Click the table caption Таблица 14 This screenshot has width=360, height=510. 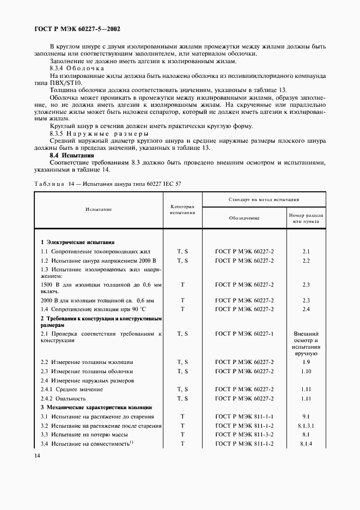click(x=108, y=184)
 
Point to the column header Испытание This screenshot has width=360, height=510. click(x=98, y=209)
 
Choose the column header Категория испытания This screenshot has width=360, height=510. click(x=182, y=209)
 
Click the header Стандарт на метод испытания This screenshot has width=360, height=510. click(x=264, y=200)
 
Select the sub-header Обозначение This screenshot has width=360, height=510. click(x=244, y=217)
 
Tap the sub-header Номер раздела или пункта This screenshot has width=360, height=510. click(x=306, y=217)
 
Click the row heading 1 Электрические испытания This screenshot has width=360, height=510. click(x=77, y=242)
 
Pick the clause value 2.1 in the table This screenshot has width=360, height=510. click(x=306, y=252)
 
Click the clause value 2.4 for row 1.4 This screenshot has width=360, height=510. click(x=306, y=309)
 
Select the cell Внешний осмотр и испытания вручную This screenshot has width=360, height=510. click(x=306, y=343)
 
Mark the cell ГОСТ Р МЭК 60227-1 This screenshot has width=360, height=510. click(x=244, y=333)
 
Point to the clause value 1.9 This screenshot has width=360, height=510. click(x=306, y=362)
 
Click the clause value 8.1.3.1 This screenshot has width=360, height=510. click(x=306, y=426)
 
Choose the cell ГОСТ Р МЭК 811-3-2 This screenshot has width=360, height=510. click(x=244, y=435)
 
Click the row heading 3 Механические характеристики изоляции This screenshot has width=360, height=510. click(x=96, y=407)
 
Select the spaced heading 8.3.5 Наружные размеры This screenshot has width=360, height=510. click(x=99, y=133)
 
